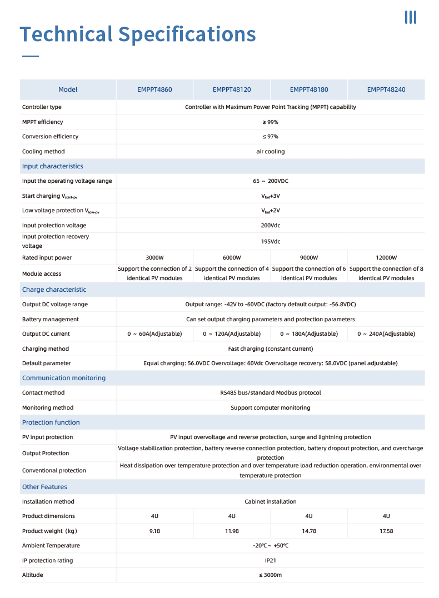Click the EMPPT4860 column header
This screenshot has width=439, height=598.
[154, 89]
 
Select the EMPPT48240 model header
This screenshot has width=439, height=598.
[386, 89]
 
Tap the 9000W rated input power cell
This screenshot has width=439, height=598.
[309, 258]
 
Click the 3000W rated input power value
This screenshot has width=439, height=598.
[154, 258]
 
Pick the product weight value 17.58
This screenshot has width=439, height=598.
[386, 531]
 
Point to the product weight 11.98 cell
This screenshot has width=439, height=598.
[232, 531]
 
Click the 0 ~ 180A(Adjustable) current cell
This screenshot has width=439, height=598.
[309, 334]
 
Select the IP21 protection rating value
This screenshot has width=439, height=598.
[271, 561]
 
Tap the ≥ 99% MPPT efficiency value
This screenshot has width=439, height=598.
[271, 122]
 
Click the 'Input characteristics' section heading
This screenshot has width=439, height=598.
[53, 166]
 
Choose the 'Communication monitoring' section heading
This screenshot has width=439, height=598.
[64, 378]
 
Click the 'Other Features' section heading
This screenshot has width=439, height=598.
[44, 487]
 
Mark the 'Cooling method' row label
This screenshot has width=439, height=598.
[43, 152]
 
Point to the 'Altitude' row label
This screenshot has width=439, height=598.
[33, 575]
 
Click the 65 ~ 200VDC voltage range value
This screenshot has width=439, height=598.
[271, 181]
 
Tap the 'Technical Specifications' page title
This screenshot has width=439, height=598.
[138, 34]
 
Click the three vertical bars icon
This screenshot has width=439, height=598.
[411, 17]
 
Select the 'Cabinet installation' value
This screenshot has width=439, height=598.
[271, 502]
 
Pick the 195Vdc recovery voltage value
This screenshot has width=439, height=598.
[271, 242]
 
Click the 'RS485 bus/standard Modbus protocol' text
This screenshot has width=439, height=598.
[271, 393]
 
